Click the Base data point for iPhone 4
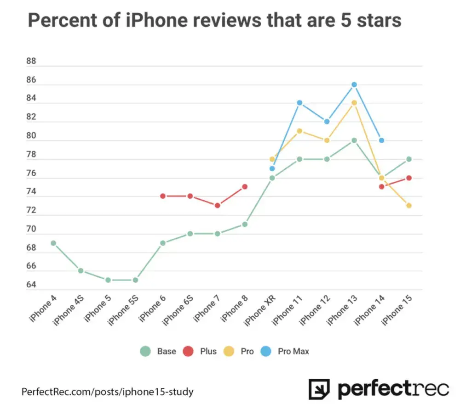click(53, 243)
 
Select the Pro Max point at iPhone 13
click(354, 84)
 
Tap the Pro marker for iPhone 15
click(408, 206)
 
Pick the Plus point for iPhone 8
click(245, 186)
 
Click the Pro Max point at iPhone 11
click(299, 103)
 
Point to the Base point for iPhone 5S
click(135, 280)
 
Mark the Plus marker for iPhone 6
click(163, 196)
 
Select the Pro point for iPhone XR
click(272, 159)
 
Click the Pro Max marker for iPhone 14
click(381, 140)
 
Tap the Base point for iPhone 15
click(408, 159)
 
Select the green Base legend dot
click(145, 352)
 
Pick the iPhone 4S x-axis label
click(69, 310)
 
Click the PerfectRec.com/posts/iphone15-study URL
click(107, 392)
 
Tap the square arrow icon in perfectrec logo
click(319, 389)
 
